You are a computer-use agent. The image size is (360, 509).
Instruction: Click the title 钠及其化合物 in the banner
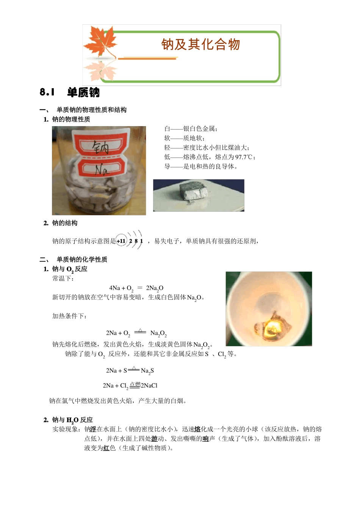(200, 45)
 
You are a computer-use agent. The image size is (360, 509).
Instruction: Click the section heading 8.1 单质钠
(70, 92)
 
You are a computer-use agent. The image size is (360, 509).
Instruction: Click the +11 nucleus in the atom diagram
(121, 241)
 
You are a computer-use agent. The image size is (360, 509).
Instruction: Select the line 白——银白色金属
(191, 129)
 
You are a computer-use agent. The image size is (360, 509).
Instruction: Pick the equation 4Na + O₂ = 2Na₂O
(136, 288)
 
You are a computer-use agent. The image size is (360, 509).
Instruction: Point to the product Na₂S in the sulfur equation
(147, 371)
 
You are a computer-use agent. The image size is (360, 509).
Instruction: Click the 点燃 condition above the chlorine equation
(135, 384)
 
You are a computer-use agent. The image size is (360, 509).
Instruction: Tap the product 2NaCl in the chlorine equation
(149, 386)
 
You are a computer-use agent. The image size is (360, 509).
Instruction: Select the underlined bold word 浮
(93, 429)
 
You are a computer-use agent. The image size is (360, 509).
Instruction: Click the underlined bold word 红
(106, 448)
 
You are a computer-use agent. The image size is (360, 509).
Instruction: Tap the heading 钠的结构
(65, 223)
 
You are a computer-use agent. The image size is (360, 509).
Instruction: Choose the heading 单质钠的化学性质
(82, 259)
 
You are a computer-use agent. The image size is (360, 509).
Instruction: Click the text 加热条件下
(69, 316)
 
